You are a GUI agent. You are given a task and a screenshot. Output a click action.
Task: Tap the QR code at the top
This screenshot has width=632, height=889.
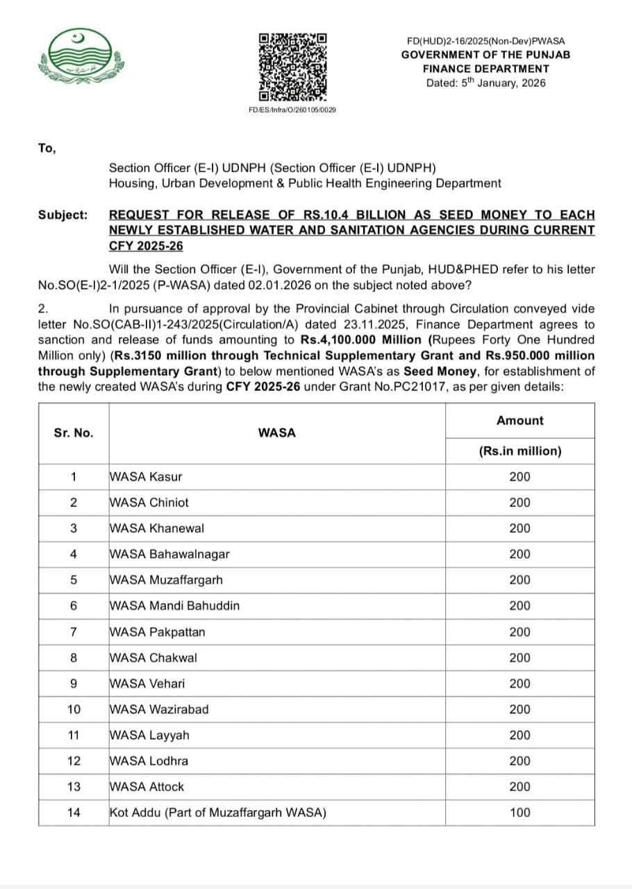click(292, 67)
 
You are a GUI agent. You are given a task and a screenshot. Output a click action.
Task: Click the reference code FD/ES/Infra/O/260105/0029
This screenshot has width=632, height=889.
click(292, 110)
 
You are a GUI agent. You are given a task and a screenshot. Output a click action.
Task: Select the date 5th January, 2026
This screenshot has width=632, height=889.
click(486, 83)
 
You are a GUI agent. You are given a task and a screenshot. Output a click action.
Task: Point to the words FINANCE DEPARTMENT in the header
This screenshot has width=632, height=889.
click(486, 69)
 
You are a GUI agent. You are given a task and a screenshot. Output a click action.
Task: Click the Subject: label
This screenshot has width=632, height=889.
click(63, 215)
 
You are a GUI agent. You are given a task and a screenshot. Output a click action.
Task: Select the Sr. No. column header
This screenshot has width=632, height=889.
click(73, 433)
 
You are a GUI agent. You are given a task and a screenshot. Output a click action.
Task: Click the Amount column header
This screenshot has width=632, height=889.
click(519, 420)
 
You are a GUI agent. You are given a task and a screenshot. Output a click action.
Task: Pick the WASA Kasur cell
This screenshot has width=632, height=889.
click(146, 476)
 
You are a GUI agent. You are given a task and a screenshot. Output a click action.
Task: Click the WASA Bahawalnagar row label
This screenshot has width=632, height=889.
click(169, 554)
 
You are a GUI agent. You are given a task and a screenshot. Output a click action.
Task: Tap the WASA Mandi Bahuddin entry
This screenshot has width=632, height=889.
click(174, 606)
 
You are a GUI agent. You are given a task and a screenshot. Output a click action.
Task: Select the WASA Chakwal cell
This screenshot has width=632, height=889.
click(153, 658)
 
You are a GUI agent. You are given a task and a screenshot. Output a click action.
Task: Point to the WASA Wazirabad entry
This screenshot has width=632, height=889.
click(159, 709)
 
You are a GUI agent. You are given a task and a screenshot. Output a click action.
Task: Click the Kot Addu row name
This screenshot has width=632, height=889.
click(218, 813)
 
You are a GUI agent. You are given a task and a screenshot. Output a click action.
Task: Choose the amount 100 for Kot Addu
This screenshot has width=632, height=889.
click(519, 813)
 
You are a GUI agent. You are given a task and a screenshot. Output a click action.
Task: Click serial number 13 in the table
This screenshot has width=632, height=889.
click(74, 787)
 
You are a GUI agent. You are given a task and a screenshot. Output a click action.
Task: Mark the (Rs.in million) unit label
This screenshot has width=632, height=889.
click(519, 451)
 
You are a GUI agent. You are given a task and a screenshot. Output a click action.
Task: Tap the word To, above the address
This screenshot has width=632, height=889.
click(47, 148)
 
